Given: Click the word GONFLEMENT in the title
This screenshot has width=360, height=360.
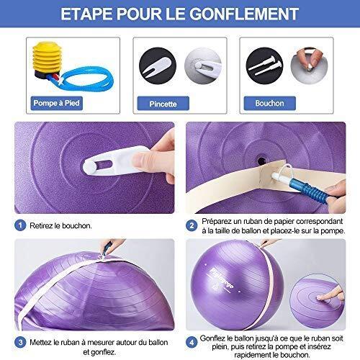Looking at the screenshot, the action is click(244, 14).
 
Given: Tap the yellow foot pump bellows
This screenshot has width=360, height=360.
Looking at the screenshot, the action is click(47, 57).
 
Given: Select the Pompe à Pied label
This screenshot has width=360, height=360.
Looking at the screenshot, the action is click(57, 103).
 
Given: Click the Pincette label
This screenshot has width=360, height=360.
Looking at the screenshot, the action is click(163, 104).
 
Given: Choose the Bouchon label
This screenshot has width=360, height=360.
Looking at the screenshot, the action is click(269, 104).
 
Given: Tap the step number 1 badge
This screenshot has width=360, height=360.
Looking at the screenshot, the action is click(20, 225).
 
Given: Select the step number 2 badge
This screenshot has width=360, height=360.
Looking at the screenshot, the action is click(192, 225).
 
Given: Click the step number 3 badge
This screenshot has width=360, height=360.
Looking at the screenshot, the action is click(20, 342).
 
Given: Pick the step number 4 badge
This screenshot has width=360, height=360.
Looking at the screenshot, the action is click(192, 342).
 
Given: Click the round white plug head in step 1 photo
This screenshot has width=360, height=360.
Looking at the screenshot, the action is click(89, 166).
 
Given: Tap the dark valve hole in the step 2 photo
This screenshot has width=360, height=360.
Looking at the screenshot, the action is click(261, 159).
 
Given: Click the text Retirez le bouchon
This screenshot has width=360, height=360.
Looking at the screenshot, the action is click(60, 225).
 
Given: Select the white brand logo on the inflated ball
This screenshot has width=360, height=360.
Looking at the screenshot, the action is click(222, 279).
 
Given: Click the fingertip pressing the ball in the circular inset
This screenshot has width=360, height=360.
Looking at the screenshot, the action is click(320, 298).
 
